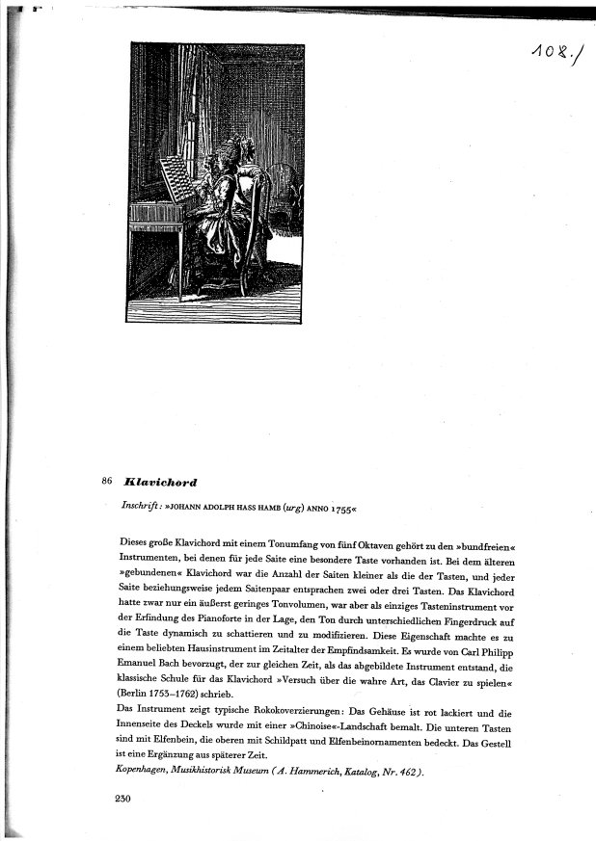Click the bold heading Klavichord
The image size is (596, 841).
click(x=160, y=480)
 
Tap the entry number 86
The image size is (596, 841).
click(x=107, y=480)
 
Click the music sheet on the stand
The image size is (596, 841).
click(x=174, y=178)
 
